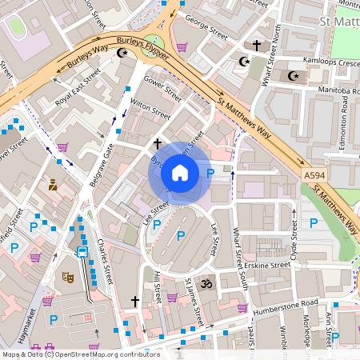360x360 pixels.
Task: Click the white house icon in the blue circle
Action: pyautogui.click(x=180, y=173)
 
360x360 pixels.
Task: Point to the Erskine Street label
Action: pyautogui.click(x=268, y=265)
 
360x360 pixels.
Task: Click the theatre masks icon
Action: pyautogui.click(x=69, y=277)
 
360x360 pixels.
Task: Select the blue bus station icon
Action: pyautogui.click(x=82, y=251)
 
